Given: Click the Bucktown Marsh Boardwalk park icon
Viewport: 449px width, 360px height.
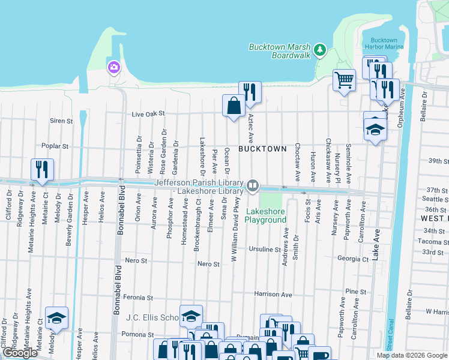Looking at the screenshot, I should [321, 49].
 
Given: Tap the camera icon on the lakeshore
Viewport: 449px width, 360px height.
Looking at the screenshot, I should [113, 67].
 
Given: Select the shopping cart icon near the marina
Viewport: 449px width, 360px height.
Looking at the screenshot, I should [344, 79].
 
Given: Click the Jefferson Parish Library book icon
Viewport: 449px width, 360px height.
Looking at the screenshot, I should [253, 186].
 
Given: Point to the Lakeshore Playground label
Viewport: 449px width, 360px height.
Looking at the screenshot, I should [265, 215].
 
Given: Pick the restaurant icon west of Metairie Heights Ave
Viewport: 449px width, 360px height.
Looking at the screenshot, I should [42, 169].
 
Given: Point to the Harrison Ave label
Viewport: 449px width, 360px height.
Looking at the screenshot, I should [273, 295].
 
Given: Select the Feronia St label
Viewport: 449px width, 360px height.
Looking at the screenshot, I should [139, 297].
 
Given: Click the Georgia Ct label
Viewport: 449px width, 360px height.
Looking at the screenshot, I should [352, 259].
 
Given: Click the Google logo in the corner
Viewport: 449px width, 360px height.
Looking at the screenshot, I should [20, 353].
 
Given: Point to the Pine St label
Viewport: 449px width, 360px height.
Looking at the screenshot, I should [355, 292].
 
